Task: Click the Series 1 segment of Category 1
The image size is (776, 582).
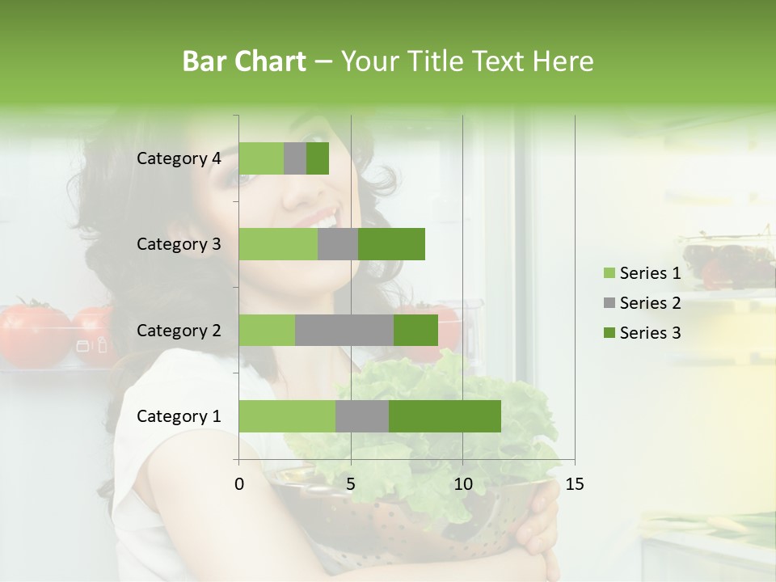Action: click(x=287, y=416)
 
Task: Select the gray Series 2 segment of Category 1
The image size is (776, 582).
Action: click(x=362, y=416)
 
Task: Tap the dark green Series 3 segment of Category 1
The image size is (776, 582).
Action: click(x=445, y=416)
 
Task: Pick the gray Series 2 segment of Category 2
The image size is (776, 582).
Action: click(x=344, y=330)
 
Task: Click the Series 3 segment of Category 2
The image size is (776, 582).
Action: click(x=415, y=330)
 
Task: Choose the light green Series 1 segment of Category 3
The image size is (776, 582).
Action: click(x=278, y=244)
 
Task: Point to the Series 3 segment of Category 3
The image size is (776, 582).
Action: click(x=391, y=244)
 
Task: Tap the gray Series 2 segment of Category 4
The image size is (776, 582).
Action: click(x=295, y=158)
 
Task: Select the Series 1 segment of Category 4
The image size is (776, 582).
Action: click(x=261, y=158)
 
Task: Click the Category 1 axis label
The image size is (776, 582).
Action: click(x=179, y=416)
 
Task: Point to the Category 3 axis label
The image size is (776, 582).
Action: click(x=179, y=244)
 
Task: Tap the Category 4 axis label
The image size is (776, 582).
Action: click(x=179, y=158)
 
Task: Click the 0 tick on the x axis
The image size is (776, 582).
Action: click(x=239, y=484)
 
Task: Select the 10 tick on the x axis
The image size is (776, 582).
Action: click(x=462, y=484)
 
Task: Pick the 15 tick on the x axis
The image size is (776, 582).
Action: click(x=574, y=484)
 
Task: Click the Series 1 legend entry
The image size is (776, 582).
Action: click(x=642, y=273)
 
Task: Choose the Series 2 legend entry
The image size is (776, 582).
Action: click(x=642, y=303)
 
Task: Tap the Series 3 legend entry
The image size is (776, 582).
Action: click(x=642, y=333)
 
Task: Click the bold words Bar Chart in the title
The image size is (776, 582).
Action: click(x=244, y=61)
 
